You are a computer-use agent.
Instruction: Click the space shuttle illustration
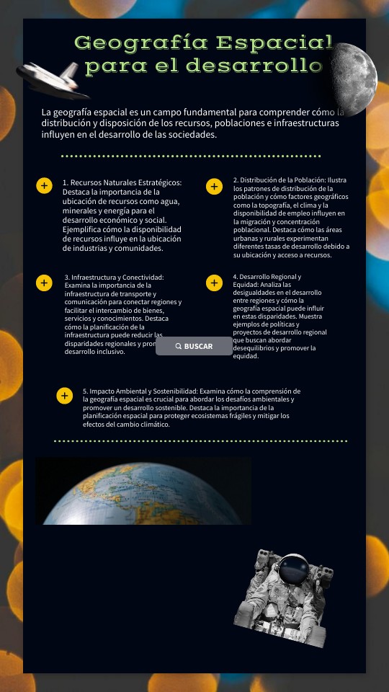(x=54, y=78)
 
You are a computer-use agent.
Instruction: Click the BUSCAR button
(x=194, y=346)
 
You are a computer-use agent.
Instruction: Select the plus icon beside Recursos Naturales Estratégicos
(x=44, y=186)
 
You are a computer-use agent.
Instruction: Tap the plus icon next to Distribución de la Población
(x=214, y=187)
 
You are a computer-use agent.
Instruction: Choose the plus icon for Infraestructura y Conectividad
(x=44, y=283)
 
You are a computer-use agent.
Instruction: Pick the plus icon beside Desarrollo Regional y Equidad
(x=214, y=283)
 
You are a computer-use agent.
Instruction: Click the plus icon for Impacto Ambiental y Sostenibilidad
(x=65, y=396)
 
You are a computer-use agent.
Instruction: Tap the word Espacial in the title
(x=274, y=43)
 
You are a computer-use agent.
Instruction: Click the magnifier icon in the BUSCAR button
(x=179, y=346)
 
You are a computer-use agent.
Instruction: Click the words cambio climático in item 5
(x=144, y=425)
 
